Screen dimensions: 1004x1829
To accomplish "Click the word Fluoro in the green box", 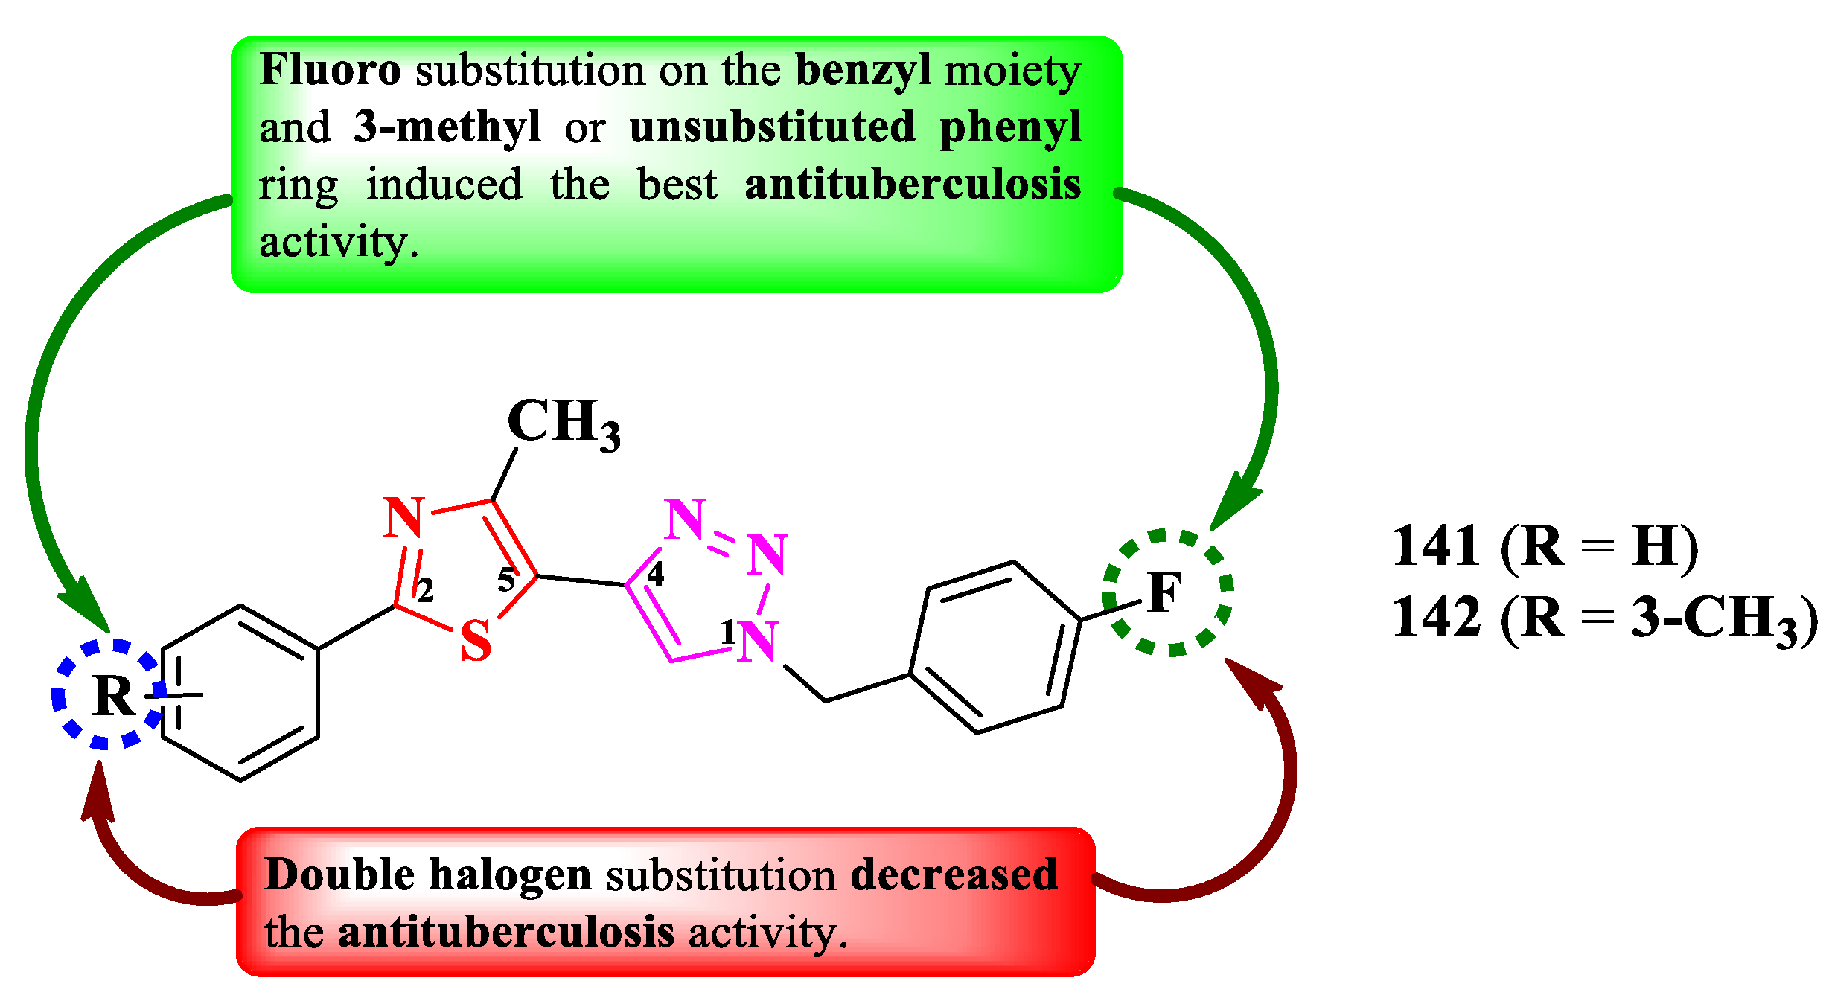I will point(330,71).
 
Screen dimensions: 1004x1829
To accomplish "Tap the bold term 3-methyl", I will point(447,127).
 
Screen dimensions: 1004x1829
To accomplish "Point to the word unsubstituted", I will point(772,127).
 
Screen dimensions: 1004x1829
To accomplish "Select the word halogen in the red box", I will point(510,876).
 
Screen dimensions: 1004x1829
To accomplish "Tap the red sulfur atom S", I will point(476,641).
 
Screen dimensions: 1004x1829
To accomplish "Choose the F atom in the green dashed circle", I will point(1164,593).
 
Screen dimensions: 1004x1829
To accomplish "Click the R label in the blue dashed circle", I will point(114,696).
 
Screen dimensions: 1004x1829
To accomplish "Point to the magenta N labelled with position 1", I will point(759,642).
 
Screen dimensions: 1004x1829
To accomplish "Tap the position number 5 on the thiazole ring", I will point(506,580).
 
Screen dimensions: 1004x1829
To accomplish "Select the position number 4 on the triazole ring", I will point(655,574).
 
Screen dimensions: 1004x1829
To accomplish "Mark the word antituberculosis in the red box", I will point(505,933).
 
